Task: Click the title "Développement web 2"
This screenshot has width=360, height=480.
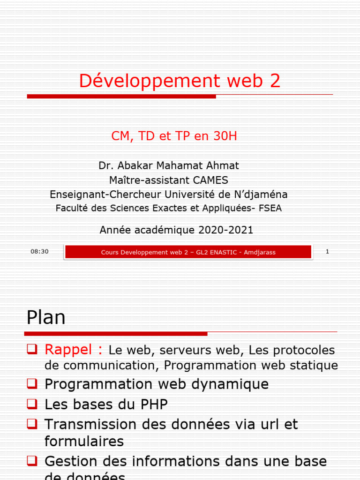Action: (x=180, y=81)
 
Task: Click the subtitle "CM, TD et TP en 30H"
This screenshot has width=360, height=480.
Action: (x=174, y=136)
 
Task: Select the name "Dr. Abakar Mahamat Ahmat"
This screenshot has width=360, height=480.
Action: (x=169, y=165)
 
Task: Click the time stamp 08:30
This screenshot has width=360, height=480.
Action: (x=40, y=252)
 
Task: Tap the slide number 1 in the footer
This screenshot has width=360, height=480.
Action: (x=327, y=252)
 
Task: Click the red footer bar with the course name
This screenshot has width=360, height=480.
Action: (x=188, y=252)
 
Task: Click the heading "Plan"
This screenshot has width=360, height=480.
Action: (x=46, y=318)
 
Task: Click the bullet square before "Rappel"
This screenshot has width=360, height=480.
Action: (x=32, y=349)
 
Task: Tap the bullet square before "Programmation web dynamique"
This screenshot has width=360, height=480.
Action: (x=32, y=384)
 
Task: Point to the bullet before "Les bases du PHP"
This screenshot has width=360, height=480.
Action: (x=32, y=404)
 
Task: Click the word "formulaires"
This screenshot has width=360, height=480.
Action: (x=84, y=441)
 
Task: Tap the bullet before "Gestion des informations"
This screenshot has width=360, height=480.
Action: (x=32, y=461)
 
